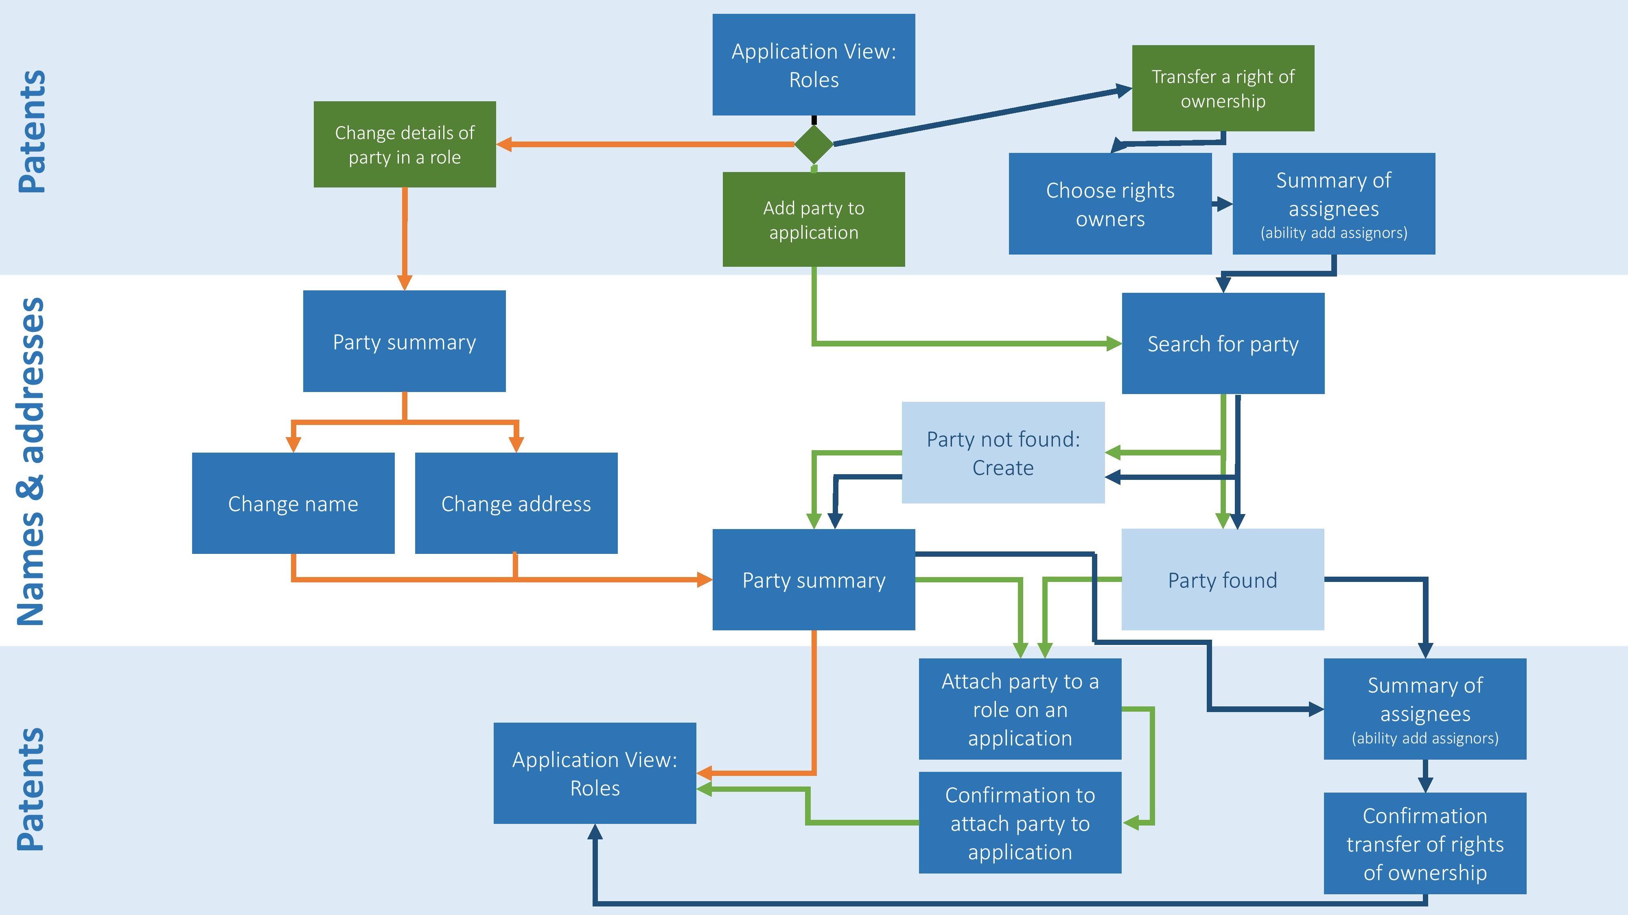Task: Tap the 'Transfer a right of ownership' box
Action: [x=1223, y=88]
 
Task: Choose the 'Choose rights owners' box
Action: [x=1110, y=204]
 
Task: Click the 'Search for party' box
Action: [x=1223, y=344]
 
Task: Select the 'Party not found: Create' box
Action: [x=1003, y=453]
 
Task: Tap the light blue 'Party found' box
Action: [x=1222, y=579]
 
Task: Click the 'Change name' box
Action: [x=293, y=503]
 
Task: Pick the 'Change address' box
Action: [x=516, y=503]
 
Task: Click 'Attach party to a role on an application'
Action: [x=1020, y=709]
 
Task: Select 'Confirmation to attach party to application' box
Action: [x=1020, y=823]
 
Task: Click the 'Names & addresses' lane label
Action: [x=31, y=461]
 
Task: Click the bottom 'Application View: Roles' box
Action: [x=595, y=773]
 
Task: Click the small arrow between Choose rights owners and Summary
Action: [x=1222, y=204]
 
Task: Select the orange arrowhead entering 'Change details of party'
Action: [x=504, y=144]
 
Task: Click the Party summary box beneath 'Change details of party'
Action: [x=405, y=342]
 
